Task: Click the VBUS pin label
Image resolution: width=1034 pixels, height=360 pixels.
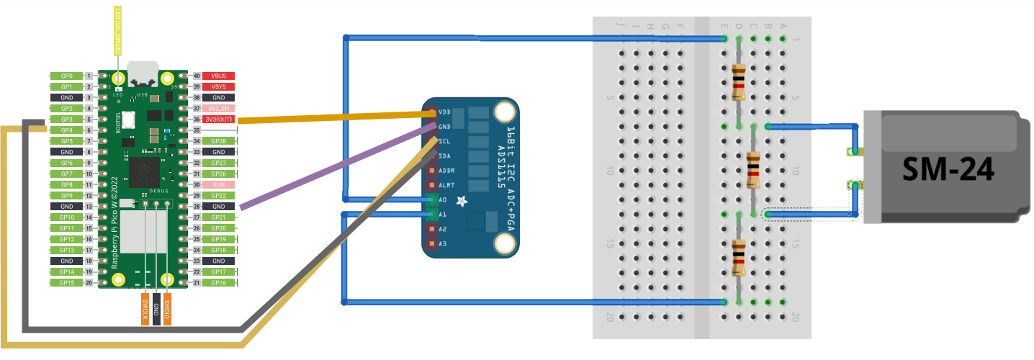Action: [219, 76]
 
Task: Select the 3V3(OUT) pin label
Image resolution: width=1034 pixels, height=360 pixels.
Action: [219, 120]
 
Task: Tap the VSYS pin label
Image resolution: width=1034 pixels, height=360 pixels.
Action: [219, 86]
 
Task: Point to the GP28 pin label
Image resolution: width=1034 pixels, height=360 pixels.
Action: [219, 141]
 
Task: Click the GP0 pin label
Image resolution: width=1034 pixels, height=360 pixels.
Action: [67, 76]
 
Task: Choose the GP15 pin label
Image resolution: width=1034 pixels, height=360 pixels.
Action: [67, 283]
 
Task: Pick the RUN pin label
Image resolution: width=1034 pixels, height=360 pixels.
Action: [219, 185]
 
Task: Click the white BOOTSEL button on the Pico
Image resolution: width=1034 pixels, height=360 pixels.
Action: [129, 120]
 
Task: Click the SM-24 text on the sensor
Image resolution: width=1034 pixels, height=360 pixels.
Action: [948, 170]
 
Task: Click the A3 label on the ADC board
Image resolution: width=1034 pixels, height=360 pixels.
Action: [443, 245]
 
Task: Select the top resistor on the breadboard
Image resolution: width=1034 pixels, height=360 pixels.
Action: [739, 82]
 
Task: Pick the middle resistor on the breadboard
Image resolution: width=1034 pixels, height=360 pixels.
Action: [753, 170]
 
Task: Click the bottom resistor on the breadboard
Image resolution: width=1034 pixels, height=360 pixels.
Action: [739, 258]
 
